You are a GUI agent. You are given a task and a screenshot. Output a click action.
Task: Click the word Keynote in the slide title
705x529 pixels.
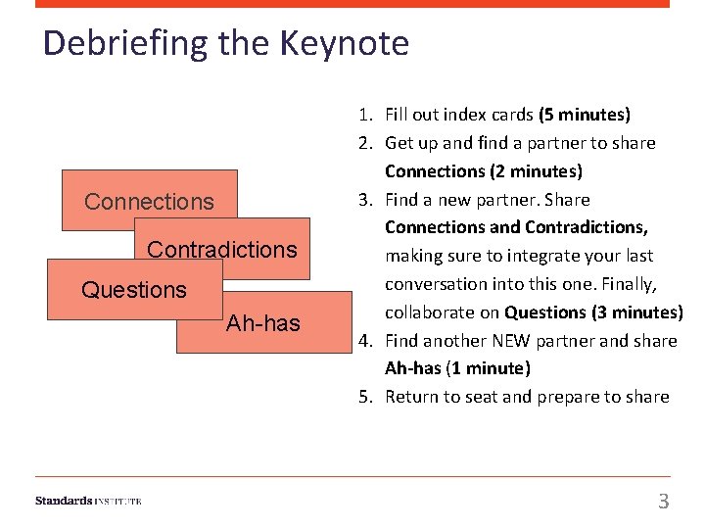tap(344, 43)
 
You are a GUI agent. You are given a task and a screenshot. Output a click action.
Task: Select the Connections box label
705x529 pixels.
tap(149, 202)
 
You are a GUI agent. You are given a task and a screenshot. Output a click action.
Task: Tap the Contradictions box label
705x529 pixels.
tap(222, 250)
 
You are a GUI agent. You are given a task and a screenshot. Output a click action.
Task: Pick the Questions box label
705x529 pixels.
tap(134, 290)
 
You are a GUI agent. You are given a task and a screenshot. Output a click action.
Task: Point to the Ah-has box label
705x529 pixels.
tap(263, 323)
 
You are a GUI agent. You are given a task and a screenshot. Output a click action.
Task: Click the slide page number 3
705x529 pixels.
tap(663, 502)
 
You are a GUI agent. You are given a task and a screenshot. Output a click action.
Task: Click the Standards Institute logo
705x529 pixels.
tap(88, 501)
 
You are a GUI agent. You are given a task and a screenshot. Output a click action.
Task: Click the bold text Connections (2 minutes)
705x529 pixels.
tap(484, 171)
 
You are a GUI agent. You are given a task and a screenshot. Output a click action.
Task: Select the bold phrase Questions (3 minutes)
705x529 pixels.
tap(593, 313)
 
